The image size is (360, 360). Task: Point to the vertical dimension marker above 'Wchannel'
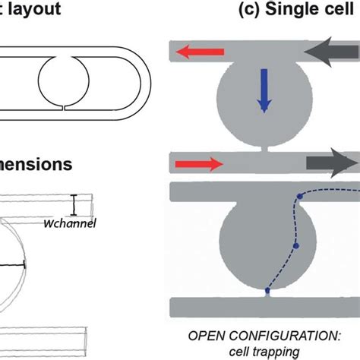tap(74, 204)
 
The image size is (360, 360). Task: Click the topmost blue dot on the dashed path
tap(298, 197)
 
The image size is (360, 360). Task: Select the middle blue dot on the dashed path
tap(296, 246)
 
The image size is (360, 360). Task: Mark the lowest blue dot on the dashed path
tap(267, 290)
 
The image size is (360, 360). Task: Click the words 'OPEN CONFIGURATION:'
tap(266, 334)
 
